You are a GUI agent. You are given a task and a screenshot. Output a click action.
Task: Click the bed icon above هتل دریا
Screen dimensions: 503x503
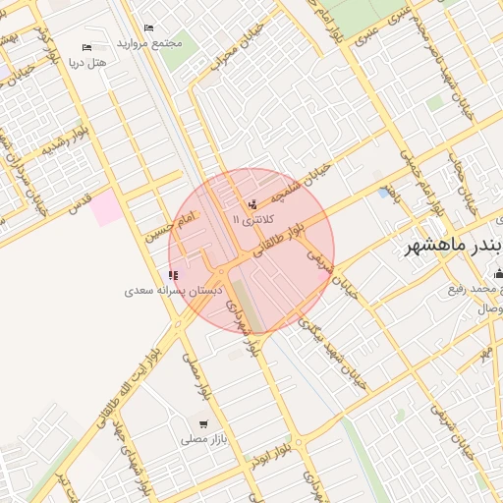point(87,47)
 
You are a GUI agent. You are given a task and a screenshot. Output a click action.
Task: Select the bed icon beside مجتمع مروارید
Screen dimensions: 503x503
point(148,28)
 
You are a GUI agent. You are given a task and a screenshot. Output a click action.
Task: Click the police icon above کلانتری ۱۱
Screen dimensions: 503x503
point(253,205)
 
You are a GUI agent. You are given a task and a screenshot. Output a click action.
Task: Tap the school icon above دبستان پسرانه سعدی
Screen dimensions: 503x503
point(174,276)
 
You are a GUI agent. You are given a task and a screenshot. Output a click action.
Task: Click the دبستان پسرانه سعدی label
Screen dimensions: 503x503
point(175,291)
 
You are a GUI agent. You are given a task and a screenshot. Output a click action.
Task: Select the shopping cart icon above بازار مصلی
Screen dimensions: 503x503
point(203,424)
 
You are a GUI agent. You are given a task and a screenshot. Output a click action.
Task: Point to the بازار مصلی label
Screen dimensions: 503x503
point(203,439)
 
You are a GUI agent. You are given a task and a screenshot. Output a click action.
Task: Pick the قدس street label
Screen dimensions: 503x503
point(78,202)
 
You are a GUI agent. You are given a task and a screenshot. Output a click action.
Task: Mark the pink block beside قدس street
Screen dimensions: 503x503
point(107,207)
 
